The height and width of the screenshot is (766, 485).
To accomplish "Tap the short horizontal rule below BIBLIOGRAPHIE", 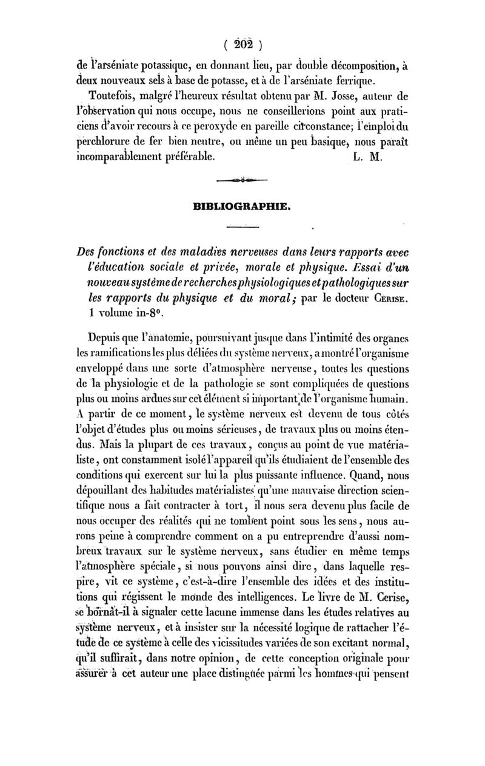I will pyautogui.click(x=241, y=228).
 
